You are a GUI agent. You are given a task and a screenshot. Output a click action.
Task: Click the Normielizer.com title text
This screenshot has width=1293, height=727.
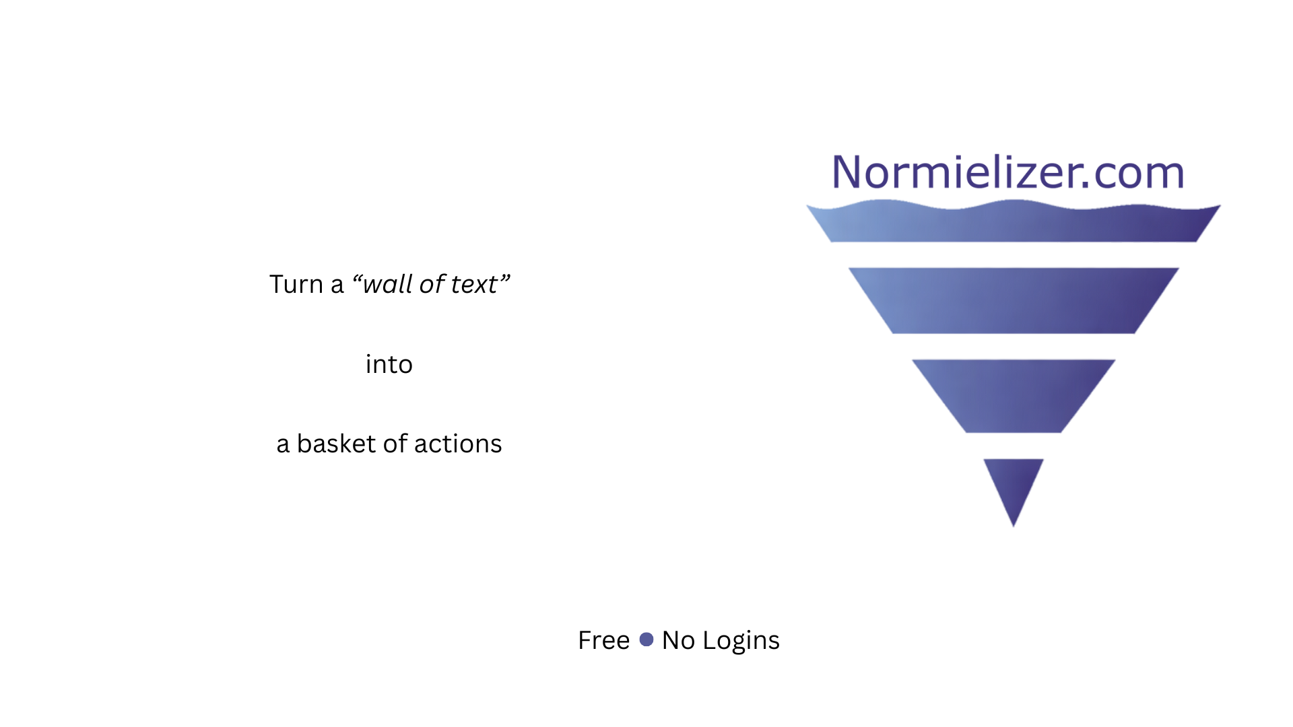pos(1008,172)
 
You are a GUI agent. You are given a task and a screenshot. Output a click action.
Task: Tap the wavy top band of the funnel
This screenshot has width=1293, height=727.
pos(1014,223)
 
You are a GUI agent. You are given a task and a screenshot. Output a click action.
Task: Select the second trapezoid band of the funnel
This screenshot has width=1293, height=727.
pos(1014,300)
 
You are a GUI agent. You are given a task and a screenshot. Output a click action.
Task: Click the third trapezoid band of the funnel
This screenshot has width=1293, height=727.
pos(1014,396)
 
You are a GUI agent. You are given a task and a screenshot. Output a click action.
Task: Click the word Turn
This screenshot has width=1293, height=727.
pos(296,284)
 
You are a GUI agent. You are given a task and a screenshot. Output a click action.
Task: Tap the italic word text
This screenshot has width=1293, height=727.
pos(473,285)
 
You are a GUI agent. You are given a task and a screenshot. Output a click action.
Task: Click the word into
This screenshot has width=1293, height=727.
pos(389,364)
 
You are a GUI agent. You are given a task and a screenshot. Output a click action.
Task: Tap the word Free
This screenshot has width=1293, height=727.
pos(603,640)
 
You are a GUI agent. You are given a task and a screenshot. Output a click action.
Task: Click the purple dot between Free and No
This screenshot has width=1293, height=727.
pos(646,639)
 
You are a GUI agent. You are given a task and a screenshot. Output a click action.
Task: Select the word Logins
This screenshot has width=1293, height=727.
pos(741,642)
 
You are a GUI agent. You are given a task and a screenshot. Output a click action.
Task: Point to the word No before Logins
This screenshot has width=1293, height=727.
pos(678,640)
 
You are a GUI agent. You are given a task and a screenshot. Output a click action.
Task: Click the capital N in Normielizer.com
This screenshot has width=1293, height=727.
pos(847,172)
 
